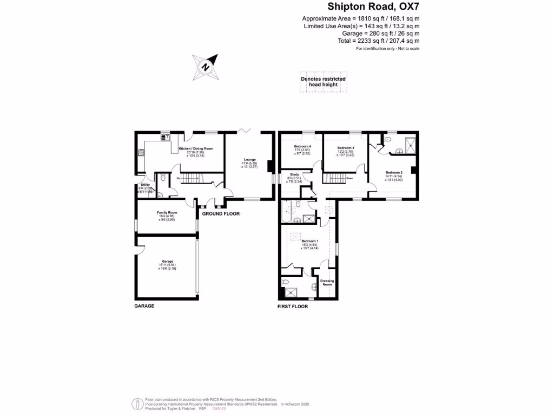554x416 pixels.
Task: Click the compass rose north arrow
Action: click(x=206, y=67)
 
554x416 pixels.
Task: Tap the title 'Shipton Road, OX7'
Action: click(x=374, y=6)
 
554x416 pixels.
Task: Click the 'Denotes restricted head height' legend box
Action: click(x=323, y=82)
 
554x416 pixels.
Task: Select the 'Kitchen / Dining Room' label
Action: click(x=196, y=148)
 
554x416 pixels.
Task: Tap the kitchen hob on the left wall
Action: click(x=140, y=153)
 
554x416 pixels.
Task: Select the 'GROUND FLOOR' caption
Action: click(x=221, y=214)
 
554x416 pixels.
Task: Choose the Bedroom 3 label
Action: click(x=346, y=148)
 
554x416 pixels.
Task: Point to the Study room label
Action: click(x=294, y=174)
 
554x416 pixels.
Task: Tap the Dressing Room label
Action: click(x=327, y=282)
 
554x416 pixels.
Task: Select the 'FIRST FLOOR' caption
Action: click(x=293, y=307)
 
